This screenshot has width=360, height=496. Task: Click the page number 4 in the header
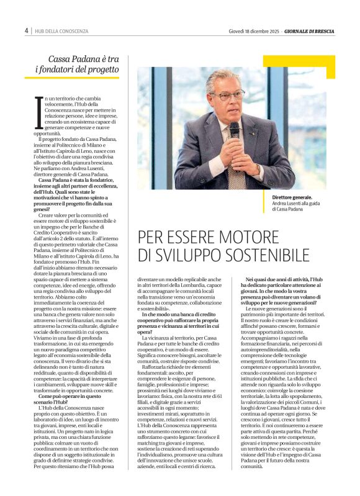tap(27, 30)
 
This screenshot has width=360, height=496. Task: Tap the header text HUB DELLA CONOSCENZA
tap(62, 31)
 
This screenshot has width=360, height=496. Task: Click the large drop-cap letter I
tap(38, 113)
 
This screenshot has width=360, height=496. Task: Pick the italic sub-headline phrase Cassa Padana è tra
tap(83, 59)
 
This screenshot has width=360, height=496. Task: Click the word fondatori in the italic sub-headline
tap(61, 70)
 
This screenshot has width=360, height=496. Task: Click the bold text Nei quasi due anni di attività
tap(287, 281)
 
